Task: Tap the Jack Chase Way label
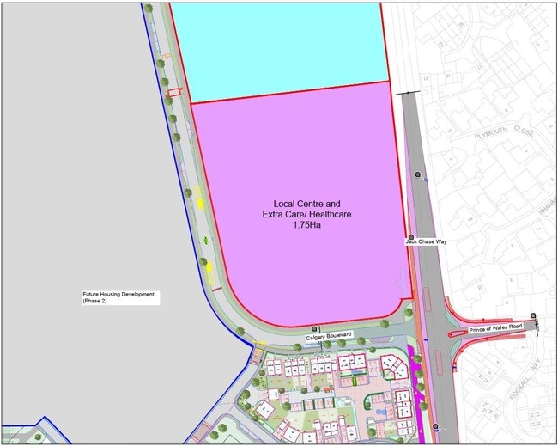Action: [x=427, y=242]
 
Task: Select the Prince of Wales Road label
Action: [x=495, y=329]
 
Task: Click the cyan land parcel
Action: [x=283, y=47]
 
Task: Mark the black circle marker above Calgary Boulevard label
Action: [x=315, y=328]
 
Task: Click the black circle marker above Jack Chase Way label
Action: [x=411, y=236]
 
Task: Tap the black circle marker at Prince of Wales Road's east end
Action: [x=533, y=316]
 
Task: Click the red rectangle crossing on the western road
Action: [x=174, y=92]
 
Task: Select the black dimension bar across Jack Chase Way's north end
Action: [x=409, y=92]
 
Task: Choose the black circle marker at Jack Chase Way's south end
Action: [x=436, y=427]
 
